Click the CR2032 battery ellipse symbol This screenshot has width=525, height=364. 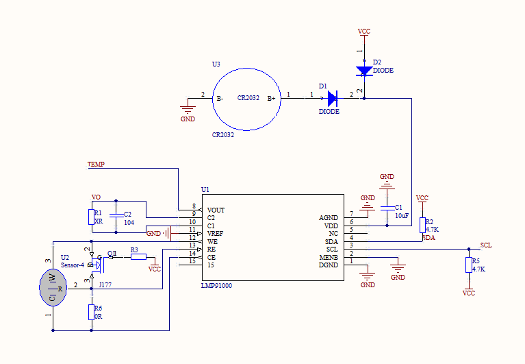coord(248,99)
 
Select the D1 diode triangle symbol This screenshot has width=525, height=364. coord(333,99)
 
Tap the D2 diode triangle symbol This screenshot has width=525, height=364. coord(364,70)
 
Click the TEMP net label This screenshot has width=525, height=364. coord(96,165)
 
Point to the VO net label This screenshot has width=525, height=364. coord(97,197)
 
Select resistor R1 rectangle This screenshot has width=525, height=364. coord(91,217)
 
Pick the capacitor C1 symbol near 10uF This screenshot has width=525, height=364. coord(387,206)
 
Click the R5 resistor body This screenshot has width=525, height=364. coord(469,265)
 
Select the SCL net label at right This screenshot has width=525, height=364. coord(485,245)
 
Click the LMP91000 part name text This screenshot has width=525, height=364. coord(216,285)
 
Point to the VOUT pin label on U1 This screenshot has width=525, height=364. coord(216,210)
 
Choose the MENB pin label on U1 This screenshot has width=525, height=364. coord(329,257)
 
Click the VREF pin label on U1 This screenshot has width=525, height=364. coord(216,234)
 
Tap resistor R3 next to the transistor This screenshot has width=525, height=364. coord(138,256)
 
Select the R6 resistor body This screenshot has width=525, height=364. coord(91,312)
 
